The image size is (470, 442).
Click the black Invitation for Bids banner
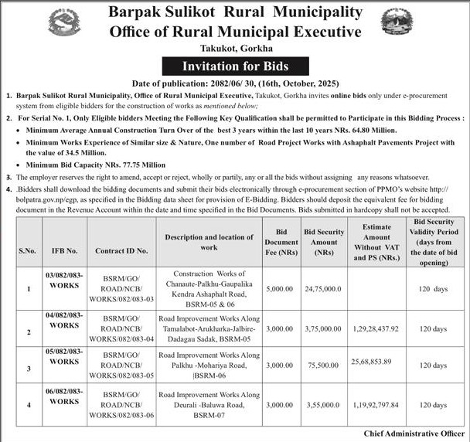point(234,66)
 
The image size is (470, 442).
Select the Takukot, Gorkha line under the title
point(234,49)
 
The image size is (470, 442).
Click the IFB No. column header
point(63,250)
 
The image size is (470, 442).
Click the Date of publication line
point(234,82)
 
